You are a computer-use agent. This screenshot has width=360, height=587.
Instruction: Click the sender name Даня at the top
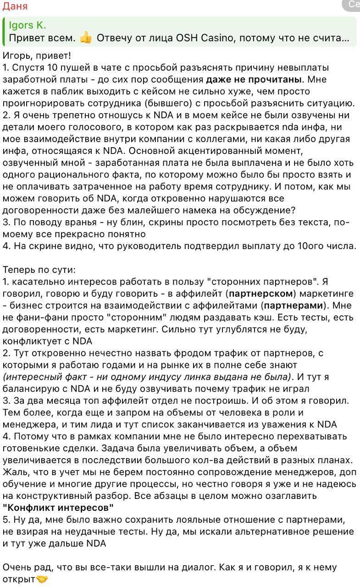[15, 6]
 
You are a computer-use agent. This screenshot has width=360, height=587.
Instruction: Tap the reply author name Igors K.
[27, 25]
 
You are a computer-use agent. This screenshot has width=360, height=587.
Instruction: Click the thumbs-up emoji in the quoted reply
[86, 38]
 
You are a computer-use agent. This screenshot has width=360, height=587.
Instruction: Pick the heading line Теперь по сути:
[39, 270]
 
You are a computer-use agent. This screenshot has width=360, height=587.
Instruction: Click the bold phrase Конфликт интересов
[58, 508]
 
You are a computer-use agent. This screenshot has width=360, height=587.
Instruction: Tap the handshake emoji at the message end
[42, 579]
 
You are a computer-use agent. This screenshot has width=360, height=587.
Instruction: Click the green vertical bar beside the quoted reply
[4, 32]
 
